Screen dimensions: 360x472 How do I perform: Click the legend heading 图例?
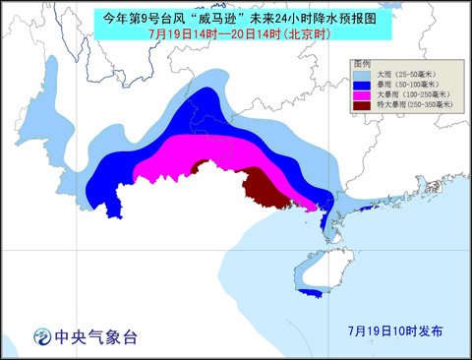point(363,63)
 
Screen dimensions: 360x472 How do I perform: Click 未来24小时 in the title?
point(295,16)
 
